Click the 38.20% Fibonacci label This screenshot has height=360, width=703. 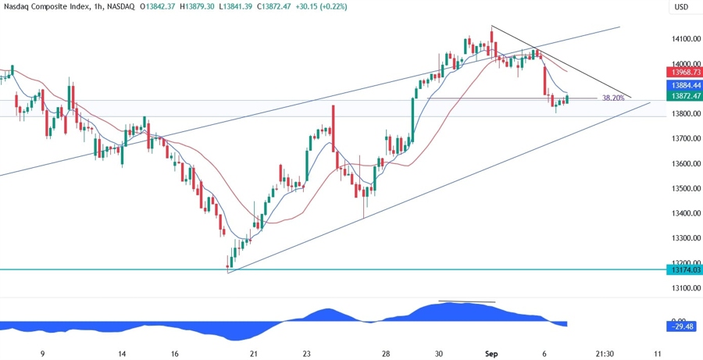pyautogui.click(x=613, y=98)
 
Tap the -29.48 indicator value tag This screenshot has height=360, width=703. pyautogui.click(x=681, y=326)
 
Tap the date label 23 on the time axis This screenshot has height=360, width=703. pyautogui.click(x=307, y=354)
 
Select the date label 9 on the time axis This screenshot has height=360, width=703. pyautogui.click(x=42, y=354)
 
